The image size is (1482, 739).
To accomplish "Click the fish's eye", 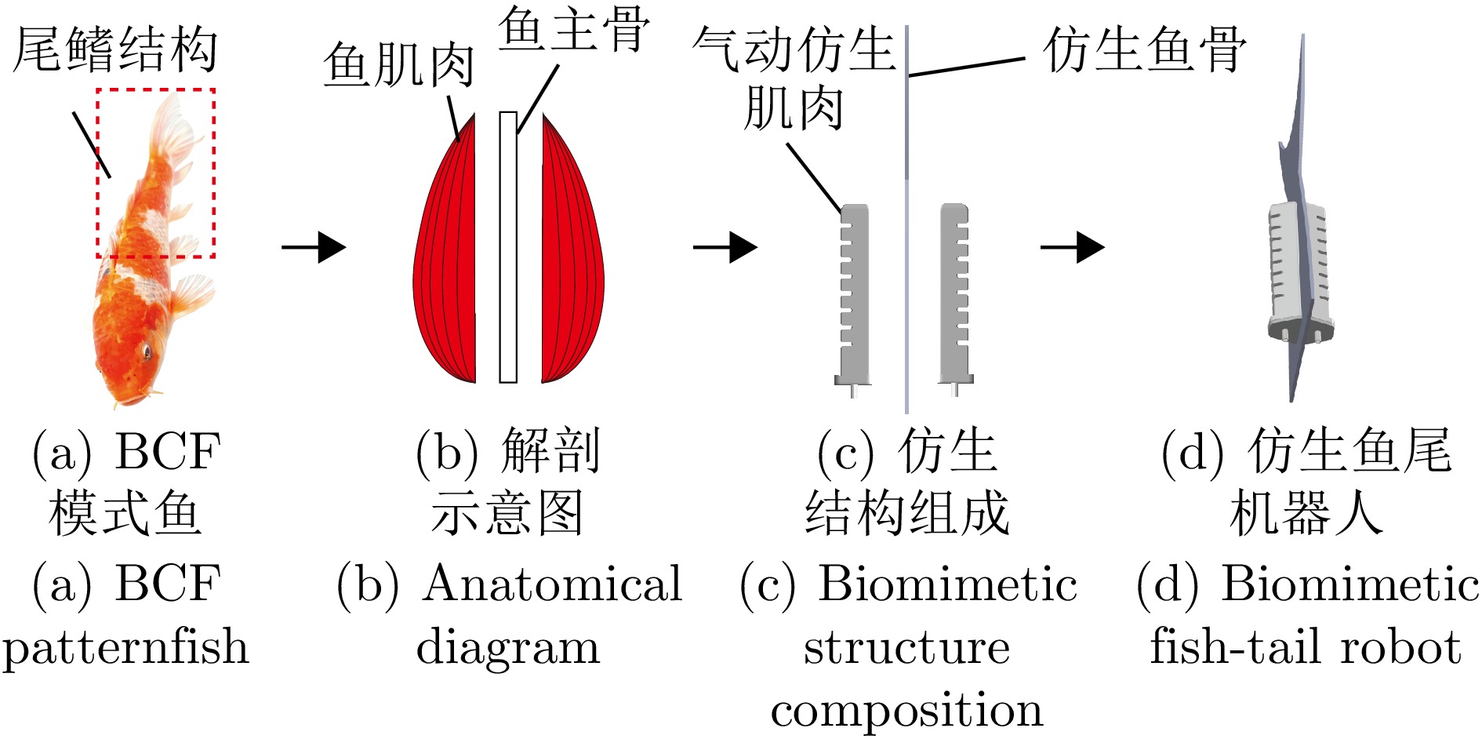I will tap(147, 351).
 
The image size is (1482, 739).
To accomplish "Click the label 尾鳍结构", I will tap(114, 49).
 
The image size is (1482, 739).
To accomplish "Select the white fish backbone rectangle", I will tap(508, 247).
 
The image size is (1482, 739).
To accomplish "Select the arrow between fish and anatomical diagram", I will tap(314, 247).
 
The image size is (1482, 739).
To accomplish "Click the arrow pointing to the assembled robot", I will tap(1072, 247).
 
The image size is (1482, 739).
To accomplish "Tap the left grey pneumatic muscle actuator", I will tap(854, 294).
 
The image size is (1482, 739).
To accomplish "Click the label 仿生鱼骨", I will tap(1145, 49).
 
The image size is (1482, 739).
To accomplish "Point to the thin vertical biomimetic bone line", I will tap(906, 235).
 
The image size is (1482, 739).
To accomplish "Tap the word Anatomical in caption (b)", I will tap(553, 584).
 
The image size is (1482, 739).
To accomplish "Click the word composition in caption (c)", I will tap(906, 710).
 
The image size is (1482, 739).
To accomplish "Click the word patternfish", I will tap(125, 647).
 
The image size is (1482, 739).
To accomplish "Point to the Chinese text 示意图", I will tap(507, 514).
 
